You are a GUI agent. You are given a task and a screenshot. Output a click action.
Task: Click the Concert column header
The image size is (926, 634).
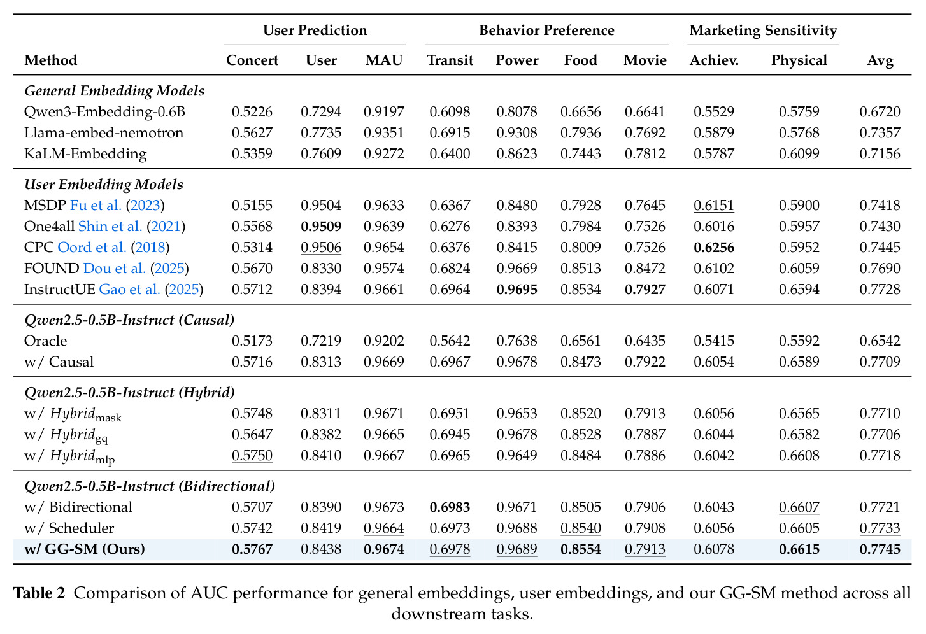click(252, 60)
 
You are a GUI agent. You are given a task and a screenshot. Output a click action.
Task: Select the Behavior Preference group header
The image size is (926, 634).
click(546, 30)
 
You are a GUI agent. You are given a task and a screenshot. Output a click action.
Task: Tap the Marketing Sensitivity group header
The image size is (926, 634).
click(763, 31)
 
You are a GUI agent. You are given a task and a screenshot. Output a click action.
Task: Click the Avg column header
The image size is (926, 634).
click(880, 61)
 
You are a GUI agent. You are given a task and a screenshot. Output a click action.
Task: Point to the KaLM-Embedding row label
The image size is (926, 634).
click(85, 154)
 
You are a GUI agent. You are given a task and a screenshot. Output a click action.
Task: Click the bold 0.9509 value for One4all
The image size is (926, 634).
click(321, 227)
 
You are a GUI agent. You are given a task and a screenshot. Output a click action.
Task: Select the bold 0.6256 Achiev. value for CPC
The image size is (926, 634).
click(714, 248)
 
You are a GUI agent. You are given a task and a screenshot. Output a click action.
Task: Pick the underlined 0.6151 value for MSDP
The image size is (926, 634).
click(714, 206)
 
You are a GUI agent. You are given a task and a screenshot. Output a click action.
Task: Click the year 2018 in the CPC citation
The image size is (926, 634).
click(150, 247)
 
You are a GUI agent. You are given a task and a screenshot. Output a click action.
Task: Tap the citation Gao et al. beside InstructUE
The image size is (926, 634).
click(129, 289)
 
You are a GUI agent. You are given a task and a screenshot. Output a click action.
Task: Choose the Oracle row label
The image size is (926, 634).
click(45, 341)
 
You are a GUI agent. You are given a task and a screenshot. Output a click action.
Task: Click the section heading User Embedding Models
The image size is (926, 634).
click(104, 185)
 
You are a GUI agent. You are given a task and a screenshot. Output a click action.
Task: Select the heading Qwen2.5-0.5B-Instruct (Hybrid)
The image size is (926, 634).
click(130, 392)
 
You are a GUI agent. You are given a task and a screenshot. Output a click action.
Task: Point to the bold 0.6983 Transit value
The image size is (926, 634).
click(450, 507)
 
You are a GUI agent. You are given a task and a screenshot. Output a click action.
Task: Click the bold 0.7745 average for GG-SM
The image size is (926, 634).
click(880, 549)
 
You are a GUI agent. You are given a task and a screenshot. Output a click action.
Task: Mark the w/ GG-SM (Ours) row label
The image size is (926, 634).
click(85, 549)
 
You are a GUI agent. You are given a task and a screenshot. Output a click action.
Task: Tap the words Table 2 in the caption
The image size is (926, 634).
click(39, 593)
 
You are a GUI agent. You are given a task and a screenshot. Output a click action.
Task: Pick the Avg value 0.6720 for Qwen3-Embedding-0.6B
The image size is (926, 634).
click(880, 111)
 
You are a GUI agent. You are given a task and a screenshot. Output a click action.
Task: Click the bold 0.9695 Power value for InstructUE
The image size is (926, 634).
click(516, 289)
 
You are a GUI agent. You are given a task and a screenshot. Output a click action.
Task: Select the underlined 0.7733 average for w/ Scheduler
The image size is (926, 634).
click(880, 528)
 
